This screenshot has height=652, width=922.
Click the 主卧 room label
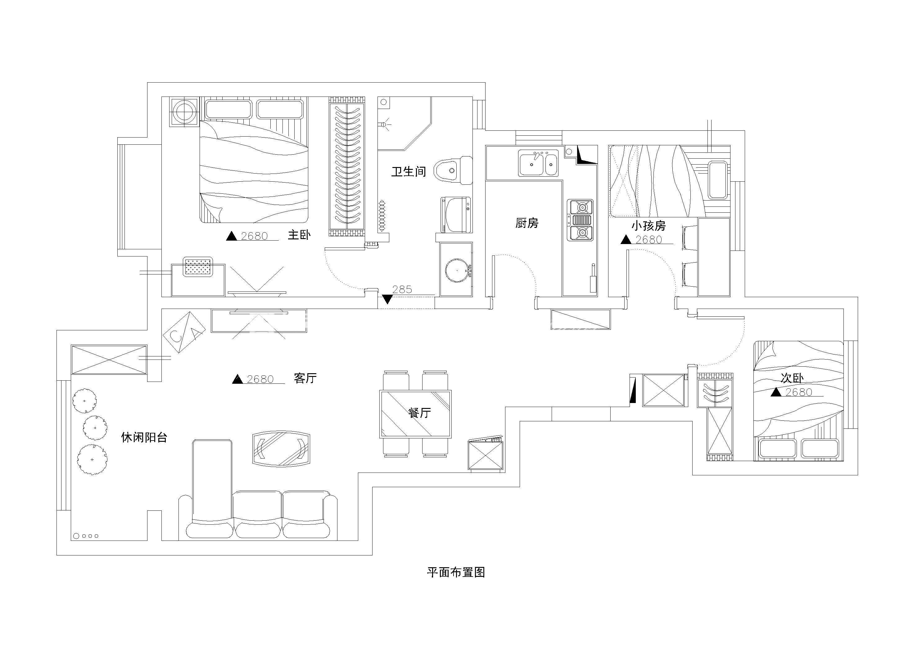(x=299, y=235)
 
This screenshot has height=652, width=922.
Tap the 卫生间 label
(x=409, y=172)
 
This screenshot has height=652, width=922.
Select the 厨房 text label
(x=527, y=223)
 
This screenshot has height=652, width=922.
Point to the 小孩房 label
(x=648, y=226)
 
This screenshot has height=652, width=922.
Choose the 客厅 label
(x=305, y=378)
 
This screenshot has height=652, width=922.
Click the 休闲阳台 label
(x=144, y=437)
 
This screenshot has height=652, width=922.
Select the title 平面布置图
(x=456, y=573)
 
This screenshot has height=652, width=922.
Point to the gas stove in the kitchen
(x=580, y=220)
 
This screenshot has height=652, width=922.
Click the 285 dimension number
(x=402, y=289)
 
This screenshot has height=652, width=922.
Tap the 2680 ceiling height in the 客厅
(x=260, y=379)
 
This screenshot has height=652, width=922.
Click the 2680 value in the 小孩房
(x=649, y=240)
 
